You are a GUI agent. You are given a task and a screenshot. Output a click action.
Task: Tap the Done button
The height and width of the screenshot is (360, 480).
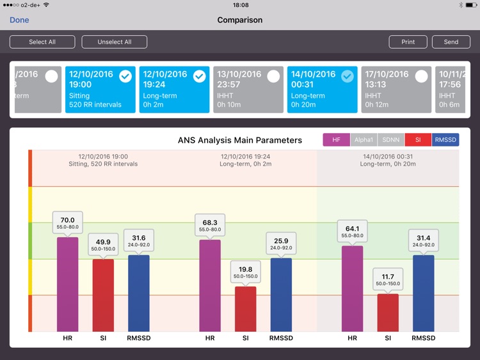[x=19, y=20]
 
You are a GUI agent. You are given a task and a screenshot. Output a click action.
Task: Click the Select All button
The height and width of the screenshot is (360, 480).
[x=42, y=42]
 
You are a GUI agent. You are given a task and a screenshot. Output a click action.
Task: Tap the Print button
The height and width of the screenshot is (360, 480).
[x=408, y=42]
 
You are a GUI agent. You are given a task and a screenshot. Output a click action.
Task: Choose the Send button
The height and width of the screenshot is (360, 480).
[x=451, y=42]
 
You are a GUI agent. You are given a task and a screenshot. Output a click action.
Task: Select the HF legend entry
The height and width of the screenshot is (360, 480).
[x=337, y=140]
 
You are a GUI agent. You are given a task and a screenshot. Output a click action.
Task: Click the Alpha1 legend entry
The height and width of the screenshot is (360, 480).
[x=364, y=140]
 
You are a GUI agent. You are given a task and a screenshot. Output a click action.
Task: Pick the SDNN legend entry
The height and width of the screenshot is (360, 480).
[x=390, y=140]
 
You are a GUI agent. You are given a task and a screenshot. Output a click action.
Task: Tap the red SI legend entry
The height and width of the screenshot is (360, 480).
[x=418, y=140]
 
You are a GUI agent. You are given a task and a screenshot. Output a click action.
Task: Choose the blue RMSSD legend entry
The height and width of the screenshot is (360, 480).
[x=445, y=140]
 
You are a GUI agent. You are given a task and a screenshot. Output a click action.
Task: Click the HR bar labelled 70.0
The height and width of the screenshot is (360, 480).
[x=67, y=285]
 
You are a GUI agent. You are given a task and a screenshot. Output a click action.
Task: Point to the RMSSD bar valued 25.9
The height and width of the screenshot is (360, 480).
[x=281, y=295]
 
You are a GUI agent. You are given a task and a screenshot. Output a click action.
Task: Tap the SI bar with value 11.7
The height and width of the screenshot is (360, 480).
[x=388, y=313]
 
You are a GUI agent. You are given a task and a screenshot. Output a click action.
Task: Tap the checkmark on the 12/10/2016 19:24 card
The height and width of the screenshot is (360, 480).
[x=200, y=76]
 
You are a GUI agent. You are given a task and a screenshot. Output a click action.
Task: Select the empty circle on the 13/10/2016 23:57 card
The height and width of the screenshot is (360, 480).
[x=273, y=76]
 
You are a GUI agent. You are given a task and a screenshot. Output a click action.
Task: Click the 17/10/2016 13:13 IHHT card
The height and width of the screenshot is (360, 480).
[x=396, y=90]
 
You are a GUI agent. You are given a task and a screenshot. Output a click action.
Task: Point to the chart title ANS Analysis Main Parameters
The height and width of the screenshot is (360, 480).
[x=240, y=140]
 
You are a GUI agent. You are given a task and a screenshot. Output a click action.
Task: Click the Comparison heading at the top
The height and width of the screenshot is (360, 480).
[x=240, y=20]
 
